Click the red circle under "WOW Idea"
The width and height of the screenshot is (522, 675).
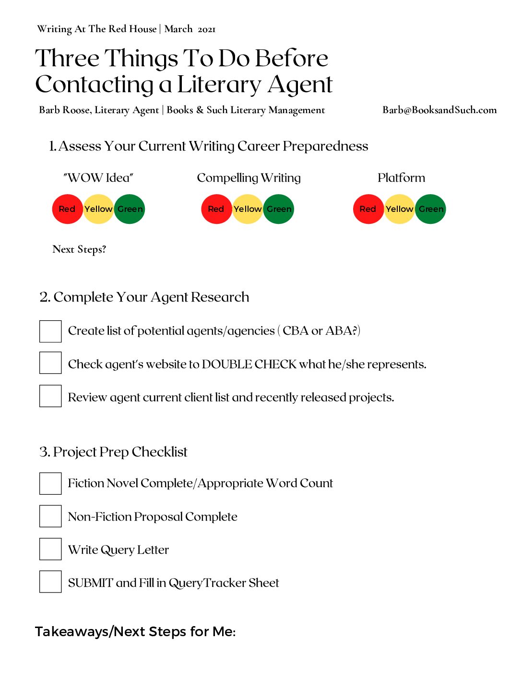[67, 209]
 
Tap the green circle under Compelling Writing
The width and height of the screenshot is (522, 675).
[279, 209]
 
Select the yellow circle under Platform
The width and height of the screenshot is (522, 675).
[399, 209]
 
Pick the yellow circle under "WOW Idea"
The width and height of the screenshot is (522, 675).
[98, 209]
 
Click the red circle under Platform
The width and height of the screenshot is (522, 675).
[368, 209]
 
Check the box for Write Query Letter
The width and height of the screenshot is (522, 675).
[50, 549]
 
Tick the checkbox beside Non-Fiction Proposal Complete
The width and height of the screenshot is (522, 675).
[50, 516]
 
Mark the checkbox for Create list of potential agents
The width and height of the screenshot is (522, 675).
[50, 331]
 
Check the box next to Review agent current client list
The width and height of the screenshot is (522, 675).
[50, 396]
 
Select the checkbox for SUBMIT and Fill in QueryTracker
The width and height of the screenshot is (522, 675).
[50, 582]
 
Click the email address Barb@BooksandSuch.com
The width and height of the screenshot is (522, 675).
[439, 110]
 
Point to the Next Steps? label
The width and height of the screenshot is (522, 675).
[79, 249]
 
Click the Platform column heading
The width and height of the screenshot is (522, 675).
[401, 178]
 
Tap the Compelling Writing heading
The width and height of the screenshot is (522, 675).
[249, 178]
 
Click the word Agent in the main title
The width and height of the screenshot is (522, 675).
[300, 85]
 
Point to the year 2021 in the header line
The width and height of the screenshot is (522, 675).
[207, 29]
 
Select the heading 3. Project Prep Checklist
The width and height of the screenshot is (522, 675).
[113, 452]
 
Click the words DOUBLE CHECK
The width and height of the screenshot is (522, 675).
[249, 364]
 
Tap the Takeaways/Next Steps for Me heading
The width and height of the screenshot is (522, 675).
[135, 632]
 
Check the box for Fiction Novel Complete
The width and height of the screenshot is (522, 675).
[50, 483]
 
